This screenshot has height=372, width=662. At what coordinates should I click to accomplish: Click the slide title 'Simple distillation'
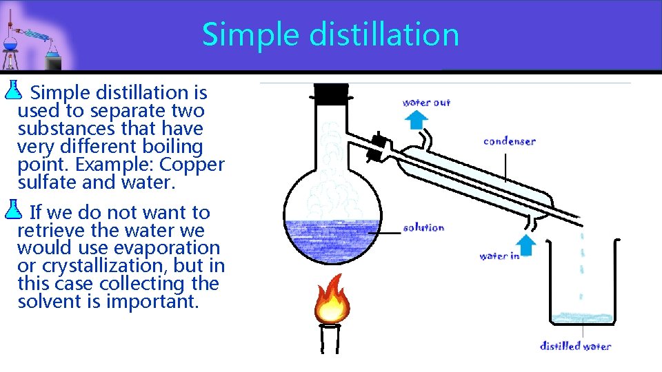click(330, 34)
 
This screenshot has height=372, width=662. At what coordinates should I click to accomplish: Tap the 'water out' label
click(426, 103)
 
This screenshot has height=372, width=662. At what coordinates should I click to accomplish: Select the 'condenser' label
click(510, 141)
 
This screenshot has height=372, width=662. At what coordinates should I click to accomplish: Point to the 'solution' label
click(423, 227)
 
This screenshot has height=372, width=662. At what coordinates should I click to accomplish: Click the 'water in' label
click(499, 256)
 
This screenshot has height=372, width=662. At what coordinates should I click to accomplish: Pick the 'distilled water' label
click(575, 346)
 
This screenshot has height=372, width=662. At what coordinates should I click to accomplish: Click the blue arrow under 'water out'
click(415, 120)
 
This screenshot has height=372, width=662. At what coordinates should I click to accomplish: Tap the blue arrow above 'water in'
click(526, 244)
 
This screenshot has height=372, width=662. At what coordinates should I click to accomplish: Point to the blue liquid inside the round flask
click(332, 241)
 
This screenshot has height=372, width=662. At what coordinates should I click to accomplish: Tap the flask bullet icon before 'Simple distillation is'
click(14, 88)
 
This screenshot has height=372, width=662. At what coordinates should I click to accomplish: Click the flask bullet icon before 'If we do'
click(14, 208)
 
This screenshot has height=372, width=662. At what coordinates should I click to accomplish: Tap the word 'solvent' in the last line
click(51, 302)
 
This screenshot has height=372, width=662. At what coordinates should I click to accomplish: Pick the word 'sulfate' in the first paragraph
click(47, 183)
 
